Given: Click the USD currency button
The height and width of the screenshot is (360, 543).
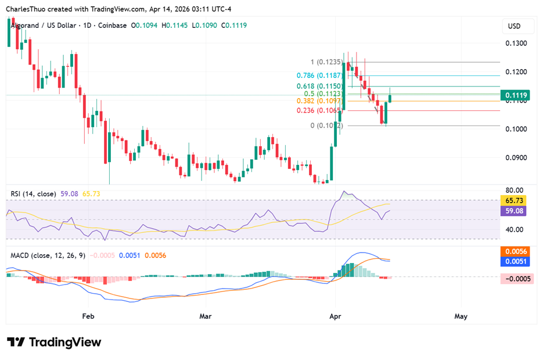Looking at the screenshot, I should pos(515,26).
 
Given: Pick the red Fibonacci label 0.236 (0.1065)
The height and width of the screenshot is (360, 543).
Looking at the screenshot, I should pos(318,110).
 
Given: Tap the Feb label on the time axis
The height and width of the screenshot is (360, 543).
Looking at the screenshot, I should pos(88,316).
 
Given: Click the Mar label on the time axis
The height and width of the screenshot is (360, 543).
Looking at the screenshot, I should pos(205,316).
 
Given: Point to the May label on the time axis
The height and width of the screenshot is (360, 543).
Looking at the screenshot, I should pos(461,316).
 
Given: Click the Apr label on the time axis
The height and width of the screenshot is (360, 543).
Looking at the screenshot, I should pos(335,316).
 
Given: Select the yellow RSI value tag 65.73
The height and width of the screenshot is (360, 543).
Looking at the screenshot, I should pos(514,200).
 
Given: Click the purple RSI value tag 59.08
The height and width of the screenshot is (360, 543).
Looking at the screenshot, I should pos(514,211).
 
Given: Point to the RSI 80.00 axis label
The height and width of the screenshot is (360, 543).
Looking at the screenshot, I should pos(514,190).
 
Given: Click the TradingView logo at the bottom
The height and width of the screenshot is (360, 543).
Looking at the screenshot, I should pos(54,342).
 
